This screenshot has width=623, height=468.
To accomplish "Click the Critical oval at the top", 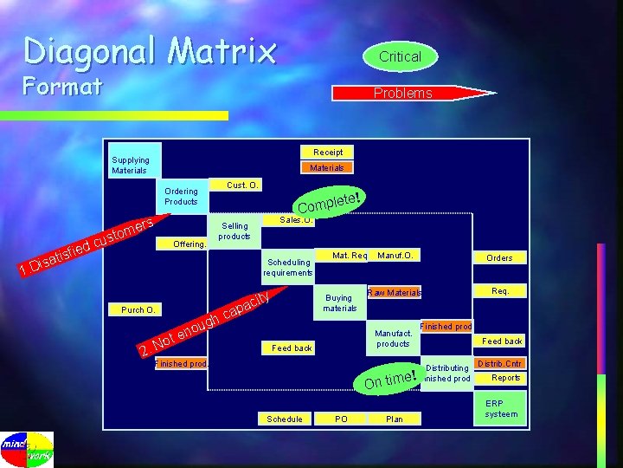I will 400,56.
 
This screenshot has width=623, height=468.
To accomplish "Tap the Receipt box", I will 327,152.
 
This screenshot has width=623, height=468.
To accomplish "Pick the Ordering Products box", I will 181,196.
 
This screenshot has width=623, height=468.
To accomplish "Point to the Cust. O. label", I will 244,185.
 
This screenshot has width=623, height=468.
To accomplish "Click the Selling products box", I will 234,231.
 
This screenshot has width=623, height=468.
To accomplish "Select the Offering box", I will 189,244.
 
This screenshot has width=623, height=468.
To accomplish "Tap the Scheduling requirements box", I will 288,267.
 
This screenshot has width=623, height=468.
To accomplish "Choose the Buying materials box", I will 340,302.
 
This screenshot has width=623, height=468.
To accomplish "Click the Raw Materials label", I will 394,293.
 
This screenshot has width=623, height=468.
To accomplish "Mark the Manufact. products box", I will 393,338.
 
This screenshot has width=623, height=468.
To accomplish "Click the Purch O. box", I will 138,309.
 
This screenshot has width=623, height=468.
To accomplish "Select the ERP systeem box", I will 501,408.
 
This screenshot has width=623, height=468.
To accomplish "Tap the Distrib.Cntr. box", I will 501,362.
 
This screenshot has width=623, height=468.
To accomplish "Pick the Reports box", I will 505,378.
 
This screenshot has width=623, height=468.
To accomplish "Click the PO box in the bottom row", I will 341,419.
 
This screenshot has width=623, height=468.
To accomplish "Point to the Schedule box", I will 285,419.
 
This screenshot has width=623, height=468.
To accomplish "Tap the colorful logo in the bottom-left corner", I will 27,448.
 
